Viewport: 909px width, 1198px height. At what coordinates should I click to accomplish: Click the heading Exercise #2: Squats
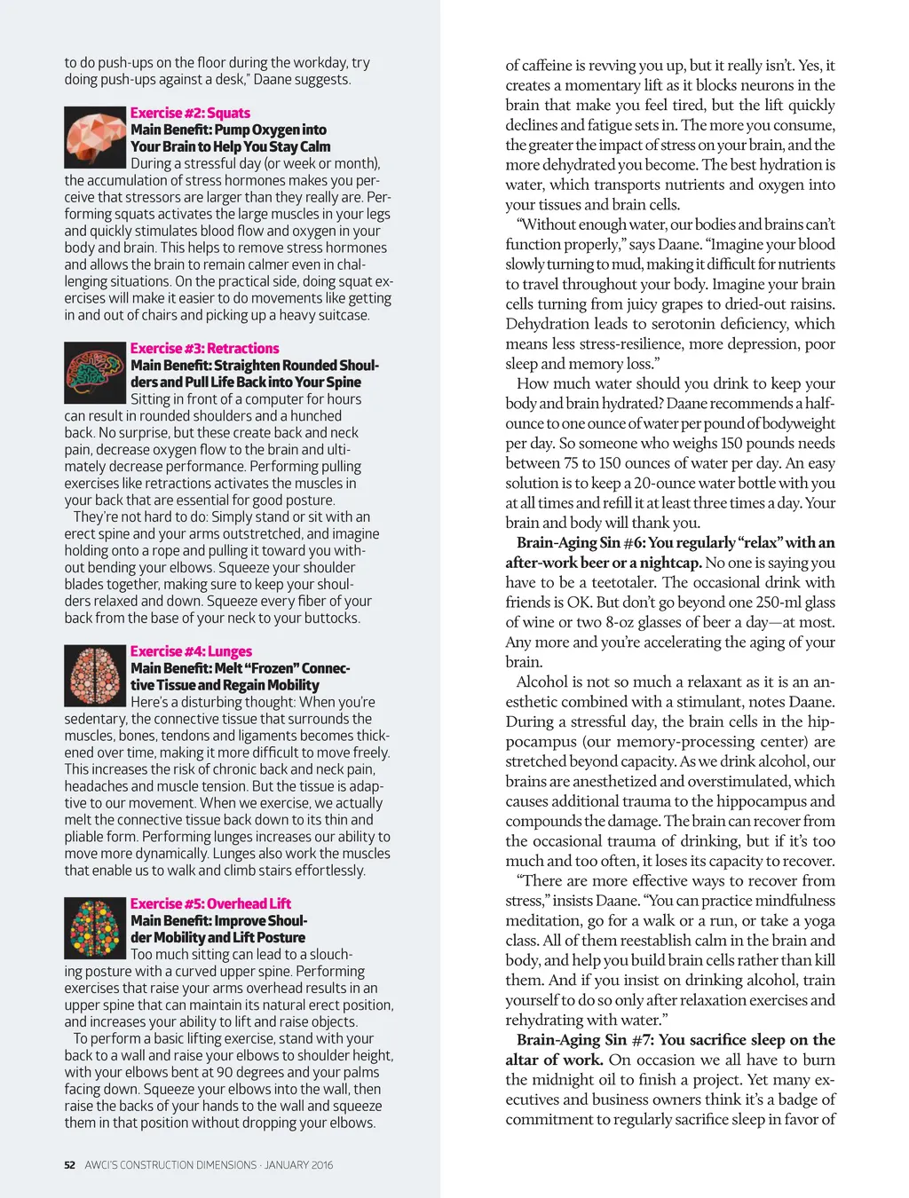tap(190, 113)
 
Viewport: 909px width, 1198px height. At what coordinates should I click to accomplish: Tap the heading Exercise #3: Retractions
tap(204, 348)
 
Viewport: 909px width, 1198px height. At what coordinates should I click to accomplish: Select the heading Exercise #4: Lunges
tap(191, 650)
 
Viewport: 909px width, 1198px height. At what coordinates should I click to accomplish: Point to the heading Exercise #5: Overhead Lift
tap(210, 903)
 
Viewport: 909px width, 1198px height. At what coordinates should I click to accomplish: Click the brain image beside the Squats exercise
tap(95, 137)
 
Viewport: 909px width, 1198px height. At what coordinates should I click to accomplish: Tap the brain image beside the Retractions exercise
tap(95, 373)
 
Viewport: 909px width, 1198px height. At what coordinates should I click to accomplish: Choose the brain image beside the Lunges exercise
tap(95, 675)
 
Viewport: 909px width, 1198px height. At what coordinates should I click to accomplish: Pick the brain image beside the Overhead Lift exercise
tap(95, 928)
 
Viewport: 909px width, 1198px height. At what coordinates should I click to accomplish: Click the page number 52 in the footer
tap(69, 1165)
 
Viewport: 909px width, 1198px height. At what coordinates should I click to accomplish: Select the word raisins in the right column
tap(810, 303)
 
